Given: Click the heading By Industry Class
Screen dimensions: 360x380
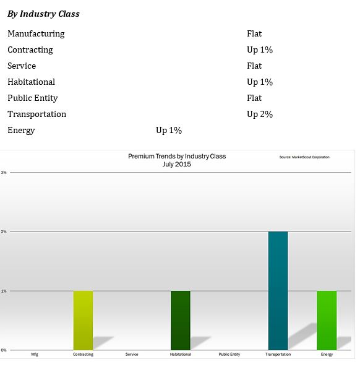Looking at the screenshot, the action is pyautogui.click(x=43, y=14).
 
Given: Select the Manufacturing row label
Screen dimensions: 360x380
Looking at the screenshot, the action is pyautogui.click(x=36, y=33).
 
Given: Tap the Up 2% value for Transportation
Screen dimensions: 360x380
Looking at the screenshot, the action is pyautogui.click(x=260, y=114).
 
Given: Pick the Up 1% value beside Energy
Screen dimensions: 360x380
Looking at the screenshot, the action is pyautogui.click(x=169, y=131).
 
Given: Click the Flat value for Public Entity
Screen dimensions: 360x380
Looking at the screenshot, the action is pyautogui.click(x=254, y=98).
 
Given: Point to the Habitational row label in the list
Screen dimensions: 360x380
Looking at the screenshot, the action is pyautogui.click(x=32, y=82).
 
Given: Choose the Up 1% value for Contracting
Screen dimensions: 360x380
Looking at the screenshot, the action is pyautogui.click(x=260, y=50).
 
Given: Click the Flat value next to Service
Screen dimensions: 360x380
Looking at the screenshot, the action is pyautogui.click(x=254, y=66).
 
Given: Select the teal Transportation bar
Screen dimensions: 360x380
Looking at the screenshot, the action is pyautogui.click(x=278, y=291).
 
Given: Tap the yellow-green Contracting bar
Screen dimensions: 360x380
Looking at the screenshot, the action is pyautogui.click(x=83, y=321).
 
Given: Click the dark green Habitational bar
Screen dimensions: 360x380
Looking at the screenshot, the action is pyautogui.click(x=181, y=321).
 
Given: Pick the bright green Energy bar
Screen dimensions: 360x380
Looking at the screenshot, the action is pyautogui.click(x=327, y=321).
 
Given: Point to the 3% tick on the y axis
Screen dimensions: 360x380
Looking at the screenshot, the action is pyautogui.click(x=4, y=172).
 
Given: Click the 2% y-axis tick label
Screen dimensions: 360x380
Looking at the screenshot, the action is pyautogui.click(x=4, y=231).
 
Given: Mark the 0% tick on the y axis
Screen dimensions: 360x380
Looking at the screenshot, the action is pyautogui.click(x=4, y=350).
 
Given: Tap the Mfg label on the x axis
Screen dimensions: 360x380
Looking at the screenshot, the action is pyautogui.click(x=35, y=354).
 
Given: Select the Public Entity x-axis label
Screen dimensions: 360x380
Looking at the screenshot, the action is pyautogui.click(x=229, y=354).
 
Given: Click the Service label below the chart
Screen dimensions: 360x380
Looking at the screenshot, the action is pyautogui.click(x=132, y=354).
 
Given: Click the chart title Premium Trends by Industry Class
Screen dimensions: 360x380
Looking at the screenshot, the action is pyautogui.click(x=177, y=157).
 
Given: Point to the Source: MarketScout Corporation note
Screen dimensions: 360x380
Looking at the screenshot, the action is pyautogui.click(x=304, y=157).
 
